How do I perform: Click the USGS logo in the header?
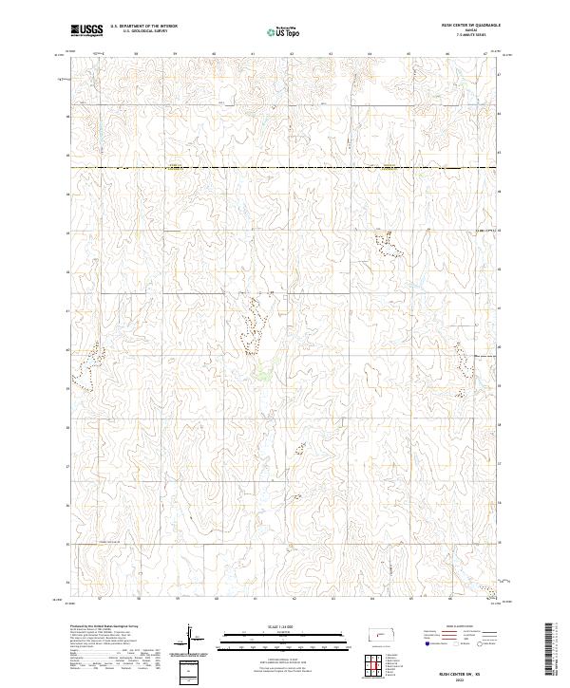[x=86, y=30]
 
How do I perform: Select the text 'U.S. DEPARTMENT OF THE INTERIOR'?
[x=143, y=27]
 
